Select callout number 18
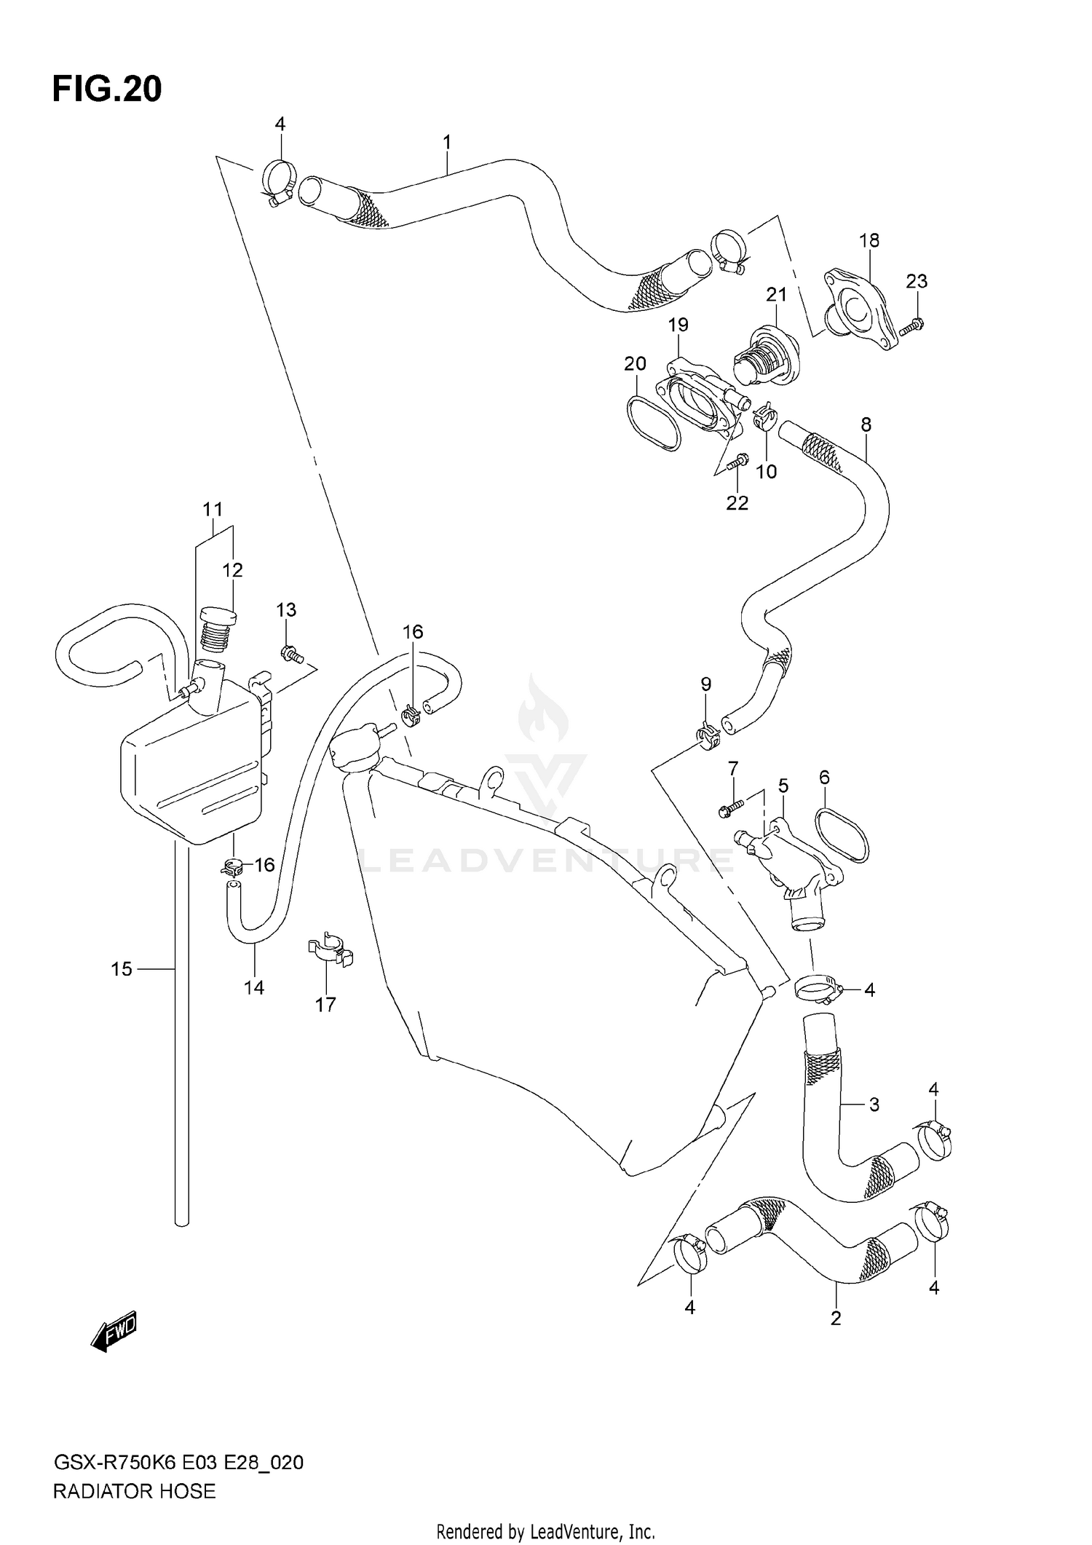coord(869,240)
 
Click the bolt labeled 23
coord(911,325)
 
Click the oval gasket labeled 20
coord(653,423)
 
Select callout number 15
coord(122,969)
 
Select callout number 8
coord(866,424)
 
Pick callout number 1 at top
coord(447,142)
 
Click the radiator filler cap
coord(355,751)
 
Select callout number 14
coord(254,988)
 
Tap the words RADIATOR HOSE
coord(135,1491)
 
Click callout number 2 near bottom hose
coord(836,1317)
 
